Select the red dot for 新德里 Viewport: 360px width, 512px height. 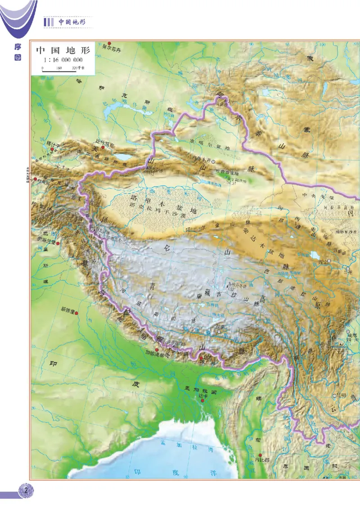(77, 313)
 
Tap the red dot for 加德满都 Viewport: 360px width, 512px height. (157, 350)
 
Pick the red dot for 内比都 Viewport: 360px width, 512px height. (260, 455)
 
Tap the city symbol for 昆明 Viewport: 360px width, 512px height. (334, 395)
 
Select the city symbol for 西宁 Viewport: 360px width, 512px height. (329, 261)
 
